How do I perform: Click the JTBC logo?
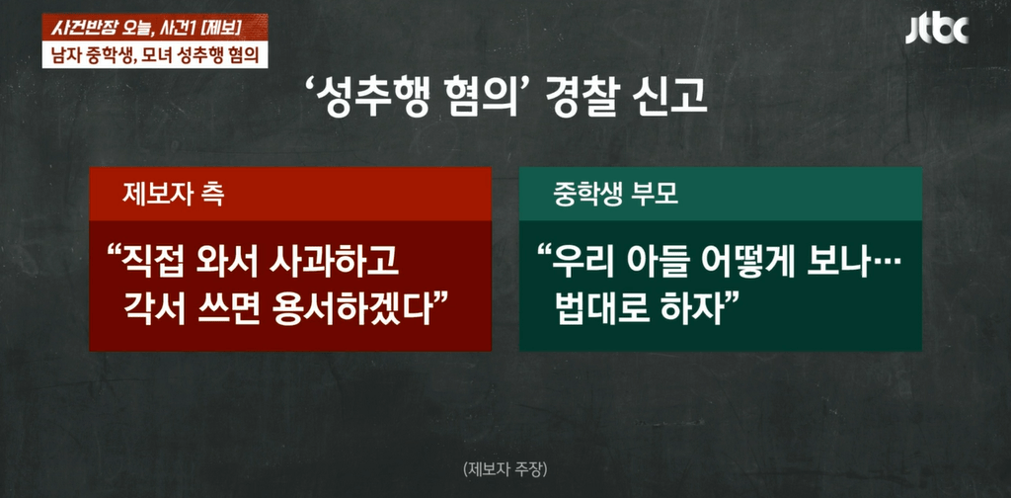coord(937,29)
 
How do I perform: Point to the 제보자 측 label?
coord(173,195)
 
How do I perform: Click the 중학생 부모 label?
coord(616,195)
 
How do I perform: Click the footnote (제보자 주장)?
coord(505,469)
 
